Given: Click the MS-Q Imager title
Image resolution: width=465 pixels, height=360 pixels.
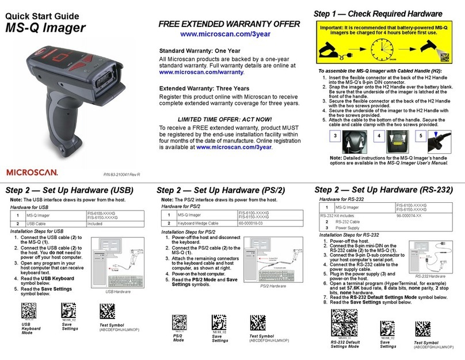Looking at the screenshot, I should (46, 27).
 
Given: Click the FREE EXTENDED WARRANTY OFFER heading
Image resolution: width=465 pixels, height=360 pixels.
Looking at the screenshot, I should (229, 24).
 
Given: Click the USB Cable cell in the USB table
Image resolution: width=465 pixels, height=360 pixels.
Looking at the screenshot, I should (37, 223).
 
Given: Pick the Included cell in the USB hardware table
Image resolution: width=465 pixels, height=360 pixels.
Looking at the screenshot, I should (96, 223).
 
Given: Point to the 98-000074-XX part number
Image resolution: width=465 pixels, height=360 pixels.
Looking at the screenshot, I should (409, 215).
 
